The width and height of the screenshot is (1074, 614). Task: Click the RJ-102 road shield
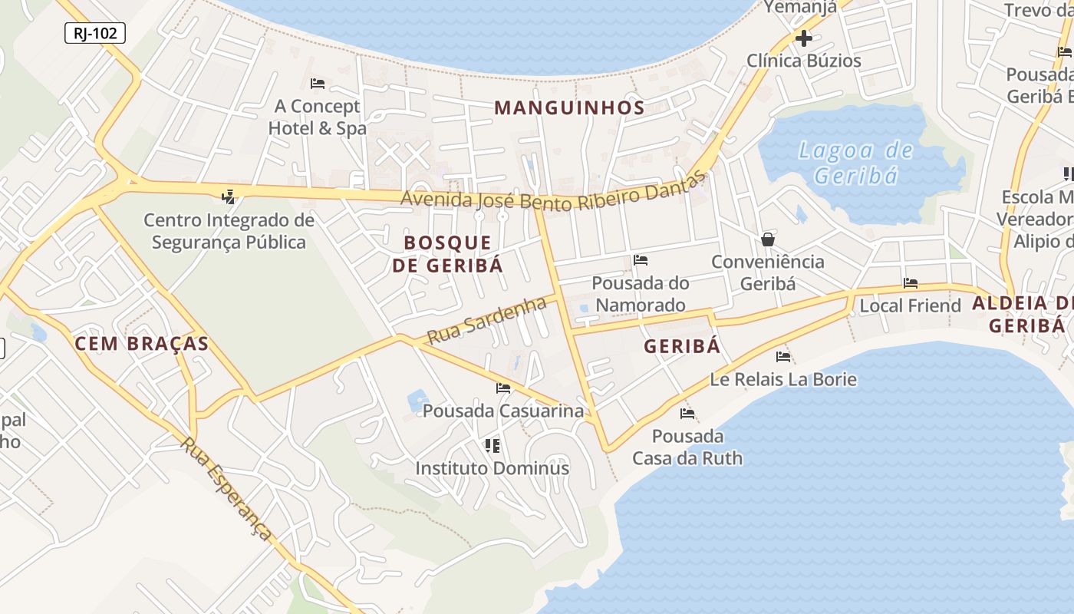[x=95, y=33]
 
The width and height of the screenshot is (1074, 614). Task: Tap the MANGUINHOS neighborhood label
[x=569, y=107]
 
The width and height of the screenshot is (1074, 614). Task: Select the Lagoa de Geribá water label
[x=855, y=163]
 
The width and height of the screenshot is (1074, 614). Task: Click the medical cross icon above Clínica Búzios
[x=803, y=38]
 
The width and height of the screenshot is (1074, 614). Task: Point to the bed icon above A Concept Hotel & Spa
[x=318, y=83]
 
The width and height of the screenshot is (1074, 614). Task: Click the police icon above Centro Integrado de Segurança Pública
[x=228, y=197]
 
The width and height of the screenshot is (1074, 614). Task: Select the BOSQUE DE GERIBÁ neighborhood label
[x=448, y=254]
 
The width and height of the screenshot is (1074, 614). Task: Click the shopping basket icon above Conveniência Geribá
[x=767, y=239]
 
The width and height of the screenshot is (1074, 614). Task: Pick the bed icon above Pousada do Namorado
[x=641, y=260]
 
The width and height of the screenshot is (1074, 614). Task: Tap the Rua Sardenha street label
[x=486, y=321]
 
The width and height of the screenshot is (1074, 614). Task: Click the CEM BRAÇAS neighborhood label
[x=141, y=343]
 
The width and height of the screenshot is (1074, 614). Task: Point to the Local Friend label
[x=910, y=305]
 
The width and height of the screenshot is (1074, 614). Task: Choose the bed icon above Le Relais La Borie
[x=782, y=356]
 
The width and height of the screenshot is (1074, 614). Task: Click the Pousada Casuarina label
[x=503, y=411]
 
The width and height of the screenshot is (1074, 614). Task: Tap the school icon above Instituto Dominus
[x=492, y=445]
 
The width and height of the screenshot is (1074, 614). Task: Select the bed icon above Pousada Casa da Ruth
[x=687, y=414]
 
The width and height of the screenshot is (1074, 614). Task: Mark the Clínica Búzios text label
[x=804, y=61]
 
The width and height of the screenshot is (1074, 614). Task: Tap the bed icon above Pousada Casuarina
[x=503, y=388]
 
